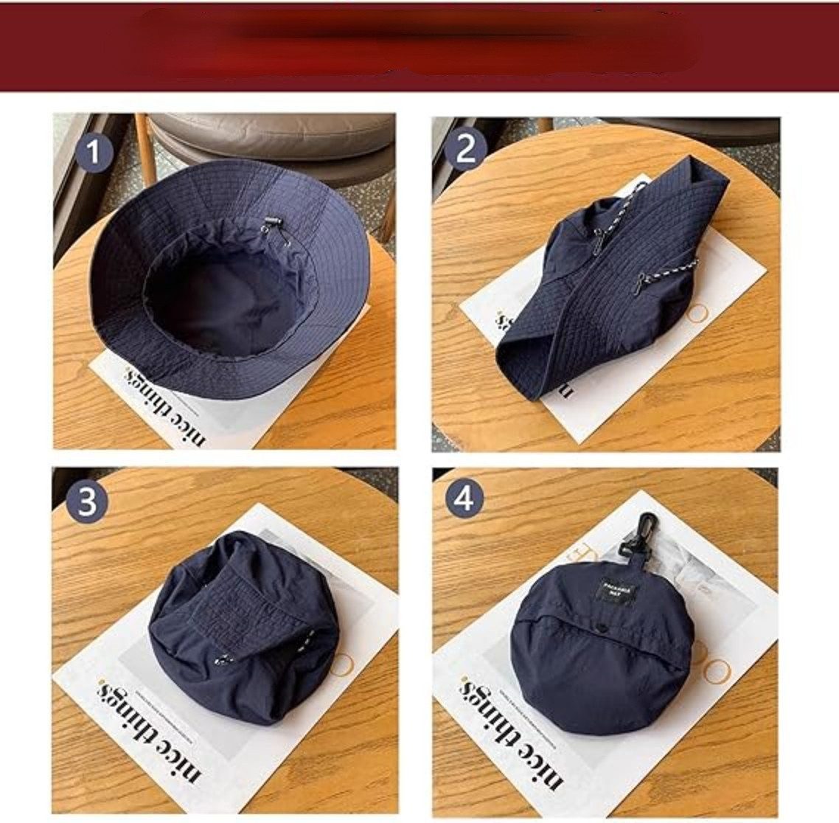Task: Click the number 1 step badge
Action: [93, 153]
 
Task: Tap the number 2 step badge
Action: [466, 150]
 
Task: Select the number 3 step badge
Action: [87, 503]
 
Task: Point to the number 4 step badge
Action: [464, 499]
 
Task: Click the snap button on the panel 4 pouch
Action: [597, 628]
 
